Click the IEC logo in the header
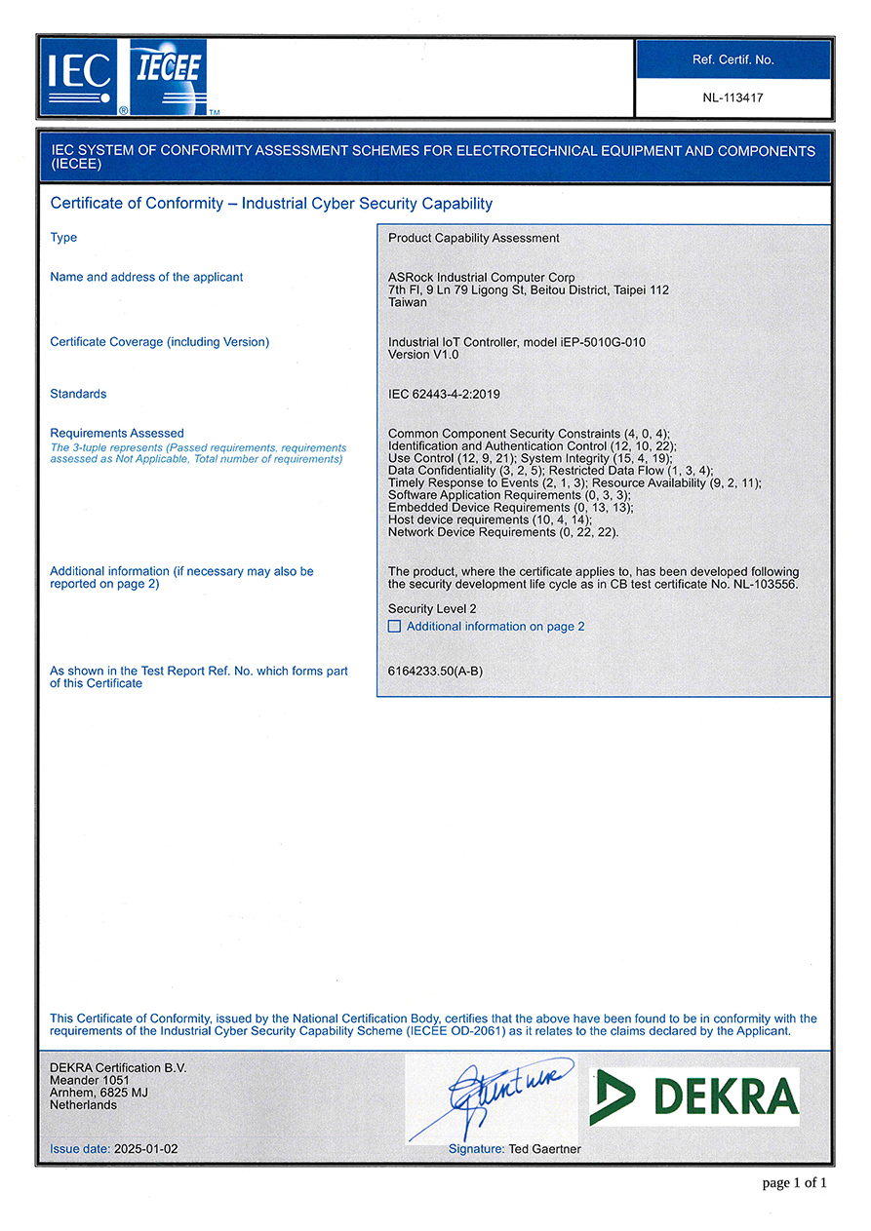78,76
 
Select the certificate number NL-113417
732,97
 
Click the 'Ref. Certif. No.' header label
732,59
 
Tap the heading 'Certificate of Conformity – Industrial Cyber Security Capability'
271,204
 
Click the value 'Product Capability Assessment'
474,238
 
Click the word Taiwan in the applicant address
408,302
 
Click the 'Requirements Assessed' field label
116,433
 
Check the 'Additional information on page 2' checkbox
394,627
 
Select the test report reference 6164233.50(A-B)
435,672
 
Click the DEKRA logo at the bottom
693,1096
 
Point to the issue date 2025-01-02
145,1149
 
